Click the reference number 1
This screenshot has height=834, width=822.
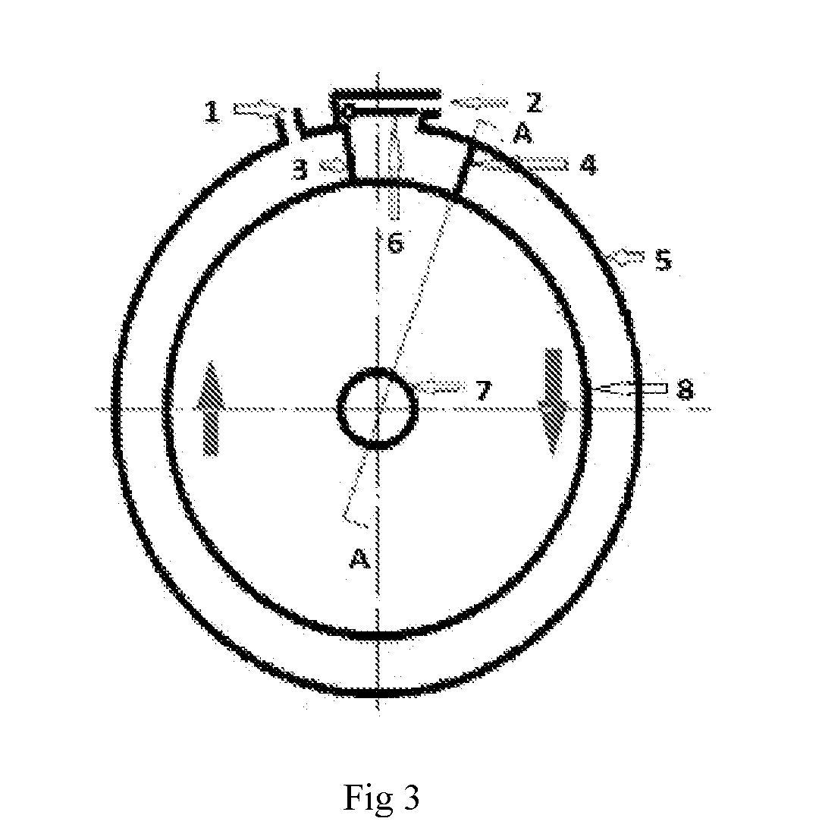[x=212, y=112]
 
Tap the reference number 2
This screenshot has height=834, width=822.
[x=535, y=102]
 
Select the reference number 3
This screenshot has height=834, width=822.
[x=301, y=170]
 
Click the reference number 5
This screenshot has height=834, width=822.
[x=663, y=260]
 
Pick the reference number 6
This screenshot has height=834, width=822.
[x=395, y=243]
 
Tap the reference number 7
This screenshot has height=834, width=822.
[x=482, y=391]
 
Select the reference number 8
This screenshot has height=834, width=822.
[x=686, y=390]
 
